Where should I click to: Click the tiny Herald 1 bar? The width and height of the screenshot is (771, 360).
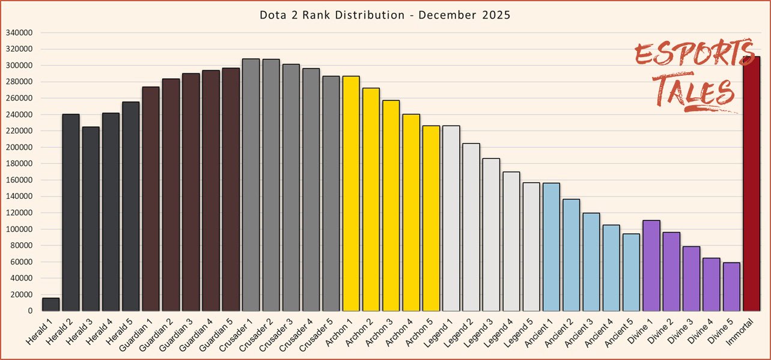point(51,305)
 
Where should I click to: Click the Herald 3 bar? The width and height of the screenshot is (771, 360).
point(91,219)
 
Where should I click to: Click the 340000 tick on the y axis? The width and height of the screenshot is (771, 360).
point(20,32)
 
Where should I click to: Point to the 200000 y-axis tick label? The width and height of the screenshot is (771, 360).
point(20,147)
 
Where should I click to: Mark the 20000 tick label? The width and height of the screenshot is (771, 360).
point(22,294)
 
